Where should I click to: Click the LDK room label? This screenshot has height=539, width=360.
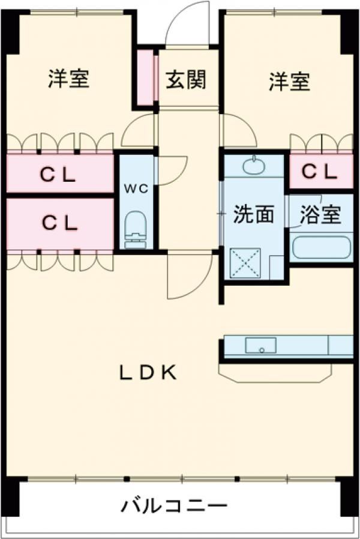pyautogui.click(x=148, y=373)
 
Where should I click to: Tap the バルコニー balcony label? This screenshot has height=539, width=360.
pyautogui.click(x=175, y=506)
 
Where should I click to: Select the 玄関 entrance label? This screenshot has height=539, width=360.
pyautogui.click(x=186, y=79)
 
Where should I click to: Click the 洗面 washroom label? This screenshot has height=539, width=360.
pyautogui.click(x=254, y=214)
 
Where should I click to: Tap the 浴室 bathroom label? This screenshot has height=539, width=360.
pyautogui.click(x=320, y=214)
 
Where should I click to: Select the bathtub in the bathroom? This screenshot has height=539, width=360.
pyautogui.click(x=320, y=247)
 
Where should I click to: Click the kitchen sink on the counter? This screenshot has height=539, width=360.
pyautogui.click(x=260, y=346)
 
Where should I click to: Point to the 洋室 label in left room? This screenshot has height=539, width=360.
pyautogui.click(x=68, y=79)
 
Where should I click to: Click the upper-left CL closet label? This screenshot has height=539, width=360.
pyautogui.click(x=59, y=175)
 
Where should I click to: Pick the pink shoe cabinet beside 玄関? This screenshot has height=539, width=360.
pyautogui.click(x=145, y=79)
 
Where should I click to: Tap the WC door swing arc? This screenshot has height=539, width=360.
pyautogui.click(x=171, y=171)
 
